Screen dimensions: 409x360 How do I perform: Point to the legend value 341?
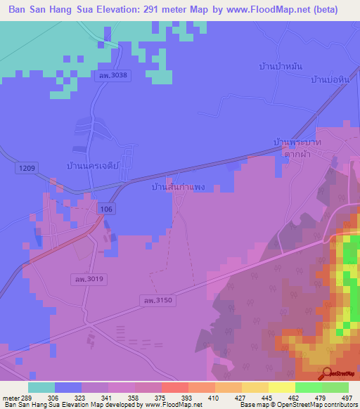(x=108, y=398)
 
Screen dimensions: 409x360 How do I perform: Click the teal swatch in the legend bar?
(x=41, y=387)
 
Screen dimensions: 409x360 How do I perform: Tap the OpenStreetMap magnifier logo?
(x=327, y=374)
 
